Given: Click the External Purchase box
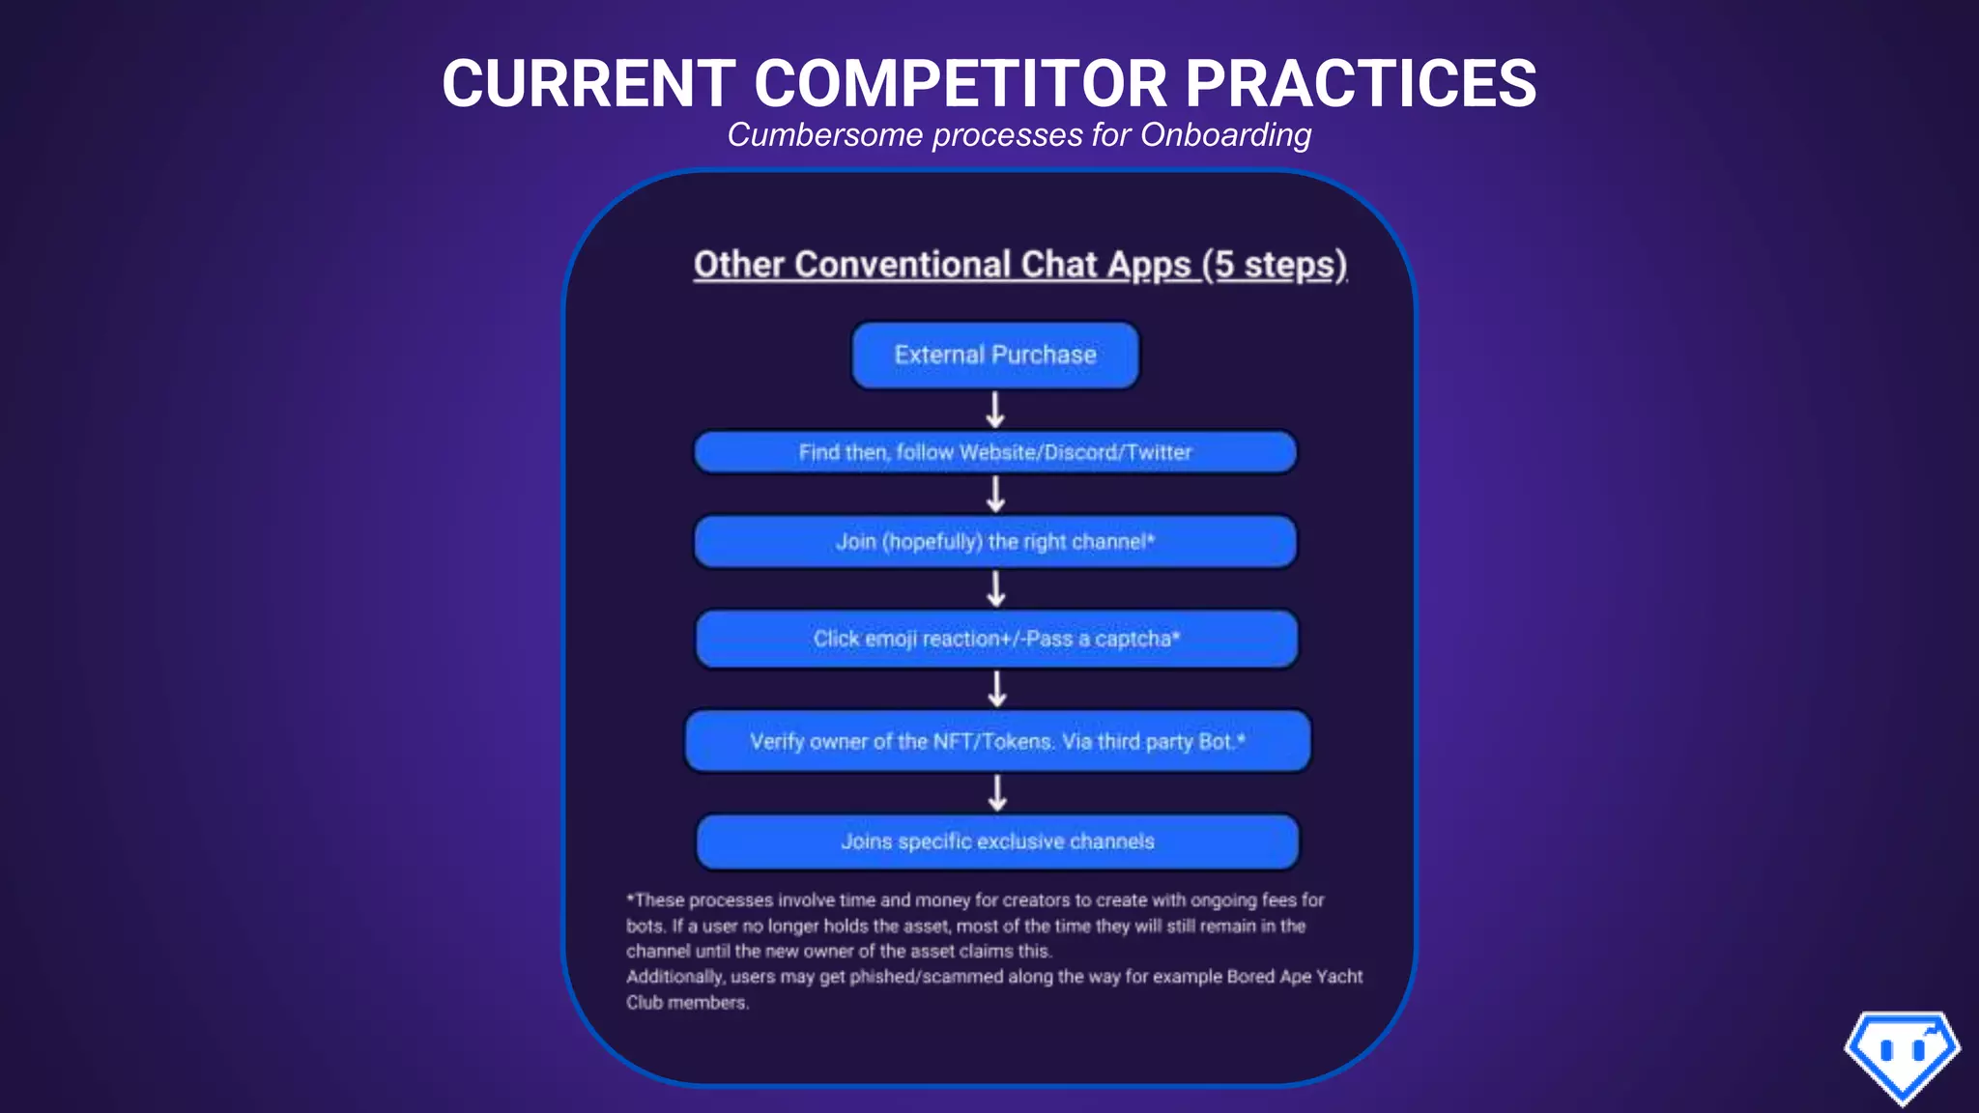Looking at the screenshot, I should (x=995, y=356).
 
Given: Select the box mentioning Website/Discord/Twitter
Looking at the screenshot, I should (x=995, y=452).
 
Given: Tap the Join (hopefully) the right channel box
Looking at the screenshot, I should (x=995, y=541).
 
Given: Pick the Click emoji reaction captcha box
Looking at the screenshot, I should (x=996, y=639).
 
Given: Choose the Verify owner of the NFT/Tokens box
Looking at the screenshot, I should (x=997, y=741).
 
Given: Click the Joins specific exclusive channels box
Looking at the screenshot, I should (x=997, y=842).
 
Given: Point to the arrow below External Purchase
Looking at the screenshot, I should (x=995, y=410).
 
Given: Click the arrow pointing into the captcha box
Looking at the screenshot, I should (x=996, y=588).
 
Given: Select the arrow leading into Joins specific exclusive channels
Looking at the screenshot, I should (x=997, y=793).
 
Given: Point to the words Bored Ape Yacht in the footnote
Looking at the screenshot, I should (x=1295, y=977).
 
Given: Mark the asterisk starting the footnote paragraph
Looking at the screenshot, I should (x=630, y=899).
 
